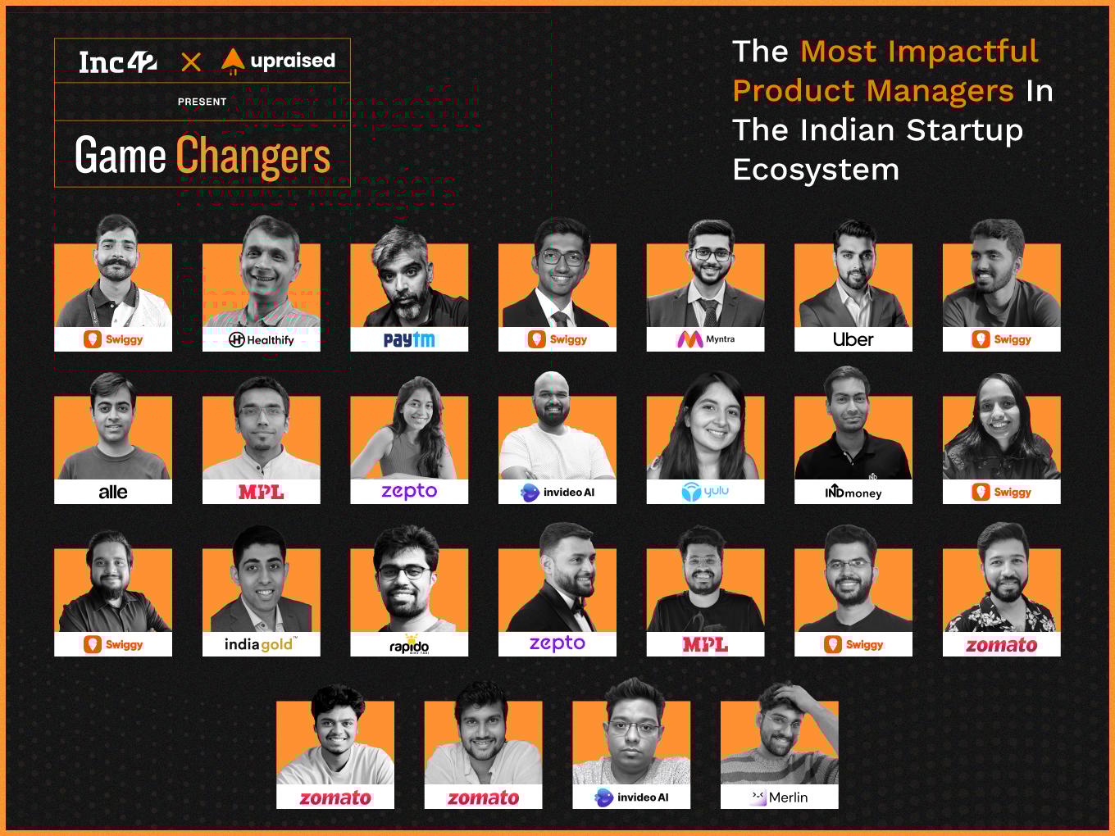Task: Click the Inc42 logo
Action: (x=118, y=62)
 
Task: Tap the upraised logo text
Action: (x=293, y=61)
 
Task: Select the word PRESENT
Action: (x=203, y=102)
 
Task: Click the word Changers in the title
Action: (x=253, y=156)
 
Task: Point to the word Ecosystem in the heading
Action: (x=816, y=170)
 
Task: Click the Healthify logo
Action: (x=261, y=339)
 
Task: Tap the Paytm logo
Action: (x=409, y=339)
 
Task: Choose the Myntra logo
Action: (x=706, y=339)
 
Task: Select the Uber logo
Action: (x=853, y=339)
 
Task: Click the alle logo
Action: (x=113, y=492)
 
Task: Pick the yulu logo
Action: (x=705, y=491)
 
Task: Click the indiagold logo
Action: (x=261, y=644)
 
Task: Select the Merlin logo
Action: (x=779, y=797)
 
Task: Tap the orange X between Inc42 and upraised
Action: (x=191, y=62)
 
